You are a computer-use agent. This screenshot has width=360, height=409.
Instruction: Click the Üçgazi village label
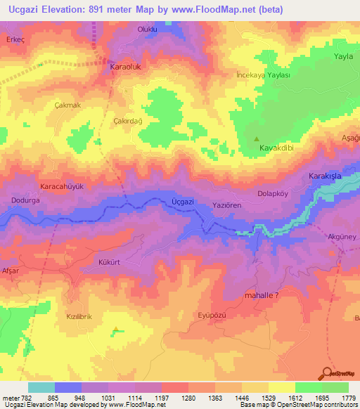pyautogui.click(x=182, y=202)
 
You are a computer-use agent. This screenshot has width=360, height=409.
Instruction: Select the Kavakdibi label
pyautogui.click(x=276, y=150)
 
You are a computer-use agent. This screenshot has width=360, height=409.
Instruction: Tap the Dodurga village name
pyautogui.click(x=24, y=200)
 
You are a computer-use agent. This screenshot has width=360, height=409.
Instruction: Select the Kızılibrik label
pyautogui.click(x=79, y=317)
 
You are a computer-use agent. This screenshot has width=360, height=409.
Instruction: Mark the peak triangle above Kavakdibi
pyautogui.click(x=257, y=138)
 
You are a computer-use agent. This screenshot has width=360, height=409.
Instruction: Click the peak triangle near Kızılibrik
pyautogui.click(x=116, y=327)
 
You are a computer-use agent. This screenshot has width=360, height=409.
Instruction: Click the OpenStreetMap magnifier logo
pyautogui.click(x=327, y=372)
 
